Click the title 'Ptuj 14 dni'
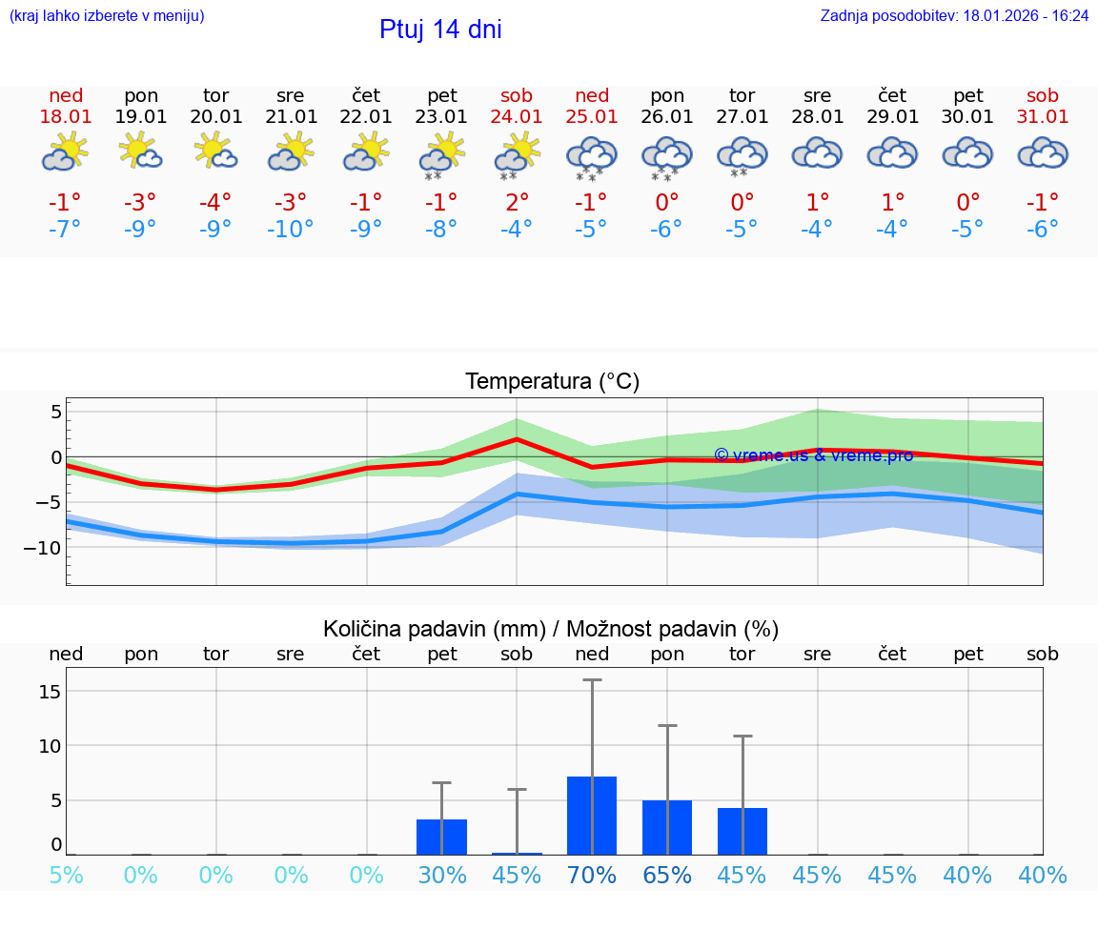[440, 30]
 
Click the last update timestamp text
[954, 16]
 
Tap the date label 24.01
[517, 116]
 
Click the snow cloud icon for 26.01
[666, 156]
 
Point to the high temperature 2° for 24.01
[517, 202]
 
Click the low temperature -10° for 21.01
[291, 230]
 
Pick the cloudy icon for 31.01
[1043, 153]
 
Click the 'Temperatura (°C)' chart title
[552, 382]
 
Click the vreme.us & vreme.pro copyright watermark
[813, 455]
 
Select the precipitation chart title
[551, 629]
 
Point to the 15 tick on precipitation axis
[50, 691]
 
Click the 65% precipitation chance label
[666, 876]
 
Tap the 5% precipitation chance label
[66, 876]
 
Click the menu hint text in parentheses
[107, 16]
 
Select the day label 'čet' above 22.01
[366, 95]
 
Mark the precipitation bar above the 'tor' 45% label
[742, 831]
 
